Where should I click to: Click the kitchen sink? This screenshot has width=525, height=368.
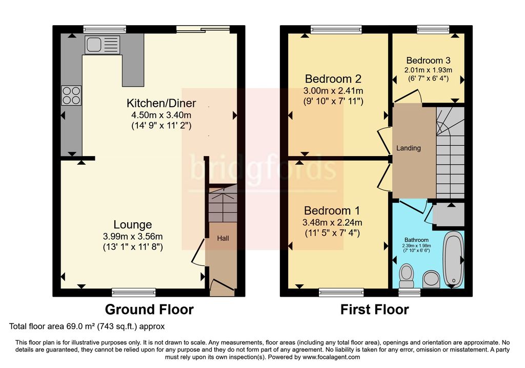click(103, 45)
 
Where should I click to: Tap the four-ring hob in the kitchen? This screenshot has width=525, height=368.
click(71, 95)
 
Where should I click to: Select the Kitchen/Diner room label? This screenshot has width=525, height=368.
click(161, 103)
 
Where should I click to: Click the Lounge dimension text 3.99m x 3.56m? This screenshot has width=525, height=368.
click(133, 236)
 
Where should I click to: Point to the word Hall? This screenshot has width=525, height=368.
click(223, 238)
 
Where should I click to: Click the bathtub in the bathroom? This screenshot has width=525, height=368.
click(453, 259)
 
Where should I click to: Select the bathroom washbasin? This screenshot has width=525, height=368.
click(431, 280)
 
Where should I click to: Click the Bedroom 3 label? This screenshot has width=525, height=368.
click(428, 61)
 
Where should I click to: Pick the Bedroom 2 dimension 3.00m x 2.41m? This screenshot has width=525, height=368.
click(333, 90)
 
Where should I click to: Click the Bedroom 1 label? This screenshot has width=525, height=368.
click(332, 210)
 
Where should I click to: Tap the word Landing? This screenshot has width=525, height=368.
click(409, 148)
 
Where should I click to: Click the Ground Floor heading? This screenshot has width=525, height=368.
click(149, 309)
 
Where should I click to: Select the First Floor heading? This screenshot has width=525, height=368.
click(375, 309)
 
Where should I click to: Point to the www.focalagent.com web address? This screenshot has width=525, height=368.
click(332, 357)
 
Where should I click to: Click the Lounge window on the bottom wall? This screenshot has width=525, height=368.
click(134, 293)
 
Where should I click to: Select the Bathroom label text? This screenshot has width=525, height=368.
click(416, 240)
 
